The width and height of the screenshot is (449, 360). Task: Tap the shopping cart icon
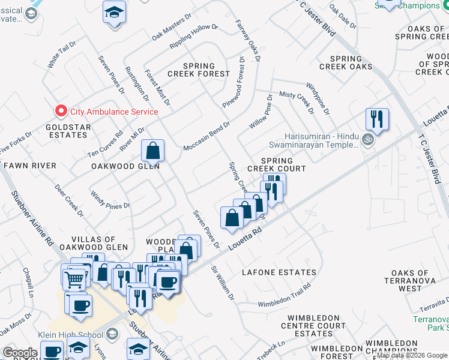(x=74, y=277)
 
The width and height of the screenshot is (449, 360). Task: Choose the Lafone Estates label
(x=279, y=272)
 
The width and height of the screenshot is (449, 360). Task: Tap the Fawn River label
(x=30, y=165)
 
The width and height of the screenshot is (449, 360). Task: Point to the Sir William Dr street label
(x=222, y=282)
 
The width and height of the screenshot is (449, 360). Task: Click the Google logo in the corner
(x=20, y=353)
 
